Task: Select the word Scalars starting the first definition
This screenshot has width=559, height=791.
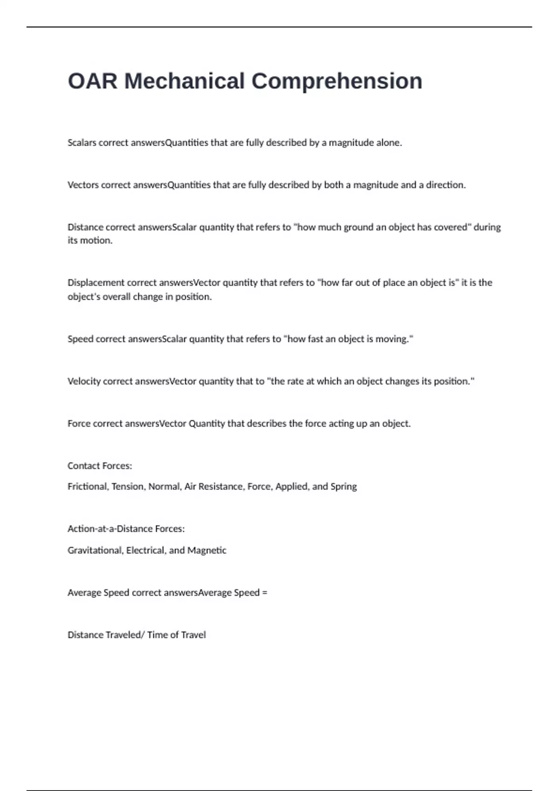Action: coord(82,143)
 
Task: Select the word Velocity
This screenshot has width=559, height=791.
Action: coord(84,382)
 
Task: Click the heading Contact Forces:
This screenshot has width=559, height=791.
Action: coord(100,466)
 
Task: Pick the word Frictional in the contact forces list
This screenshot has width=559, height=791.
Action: coord(88,487)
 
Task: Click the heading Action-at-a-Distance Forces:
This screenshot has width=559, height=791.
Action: coord(126,529)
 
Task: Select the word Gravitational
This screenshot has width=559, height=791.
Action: coord(95,550)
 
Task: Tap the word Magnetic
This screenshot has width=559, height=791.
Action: coord(207,550)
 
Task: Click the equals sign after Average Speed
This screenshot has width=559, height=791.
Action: coord(265,593)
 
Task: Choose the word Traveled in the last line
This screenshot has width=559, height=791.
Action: coord(123,635)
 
